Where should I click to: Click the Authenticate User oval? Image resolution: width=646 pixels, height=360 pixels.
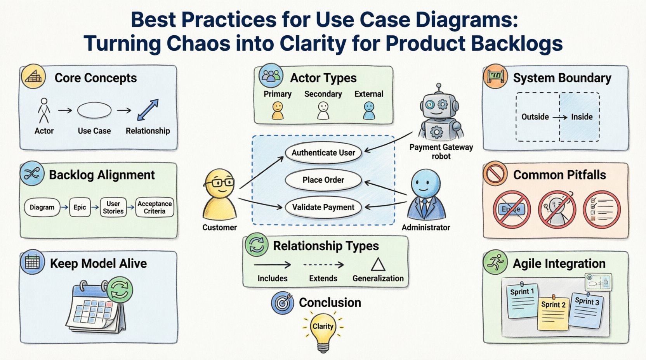point(323,153)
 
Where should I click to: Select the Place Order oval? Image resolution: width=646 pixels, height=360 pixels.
point(323,180)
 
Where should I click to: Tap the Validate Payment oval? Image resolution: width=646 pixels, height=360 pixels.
point(323,207)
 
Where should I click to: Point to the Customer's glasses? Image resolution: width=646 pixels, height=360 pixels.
point(220,182)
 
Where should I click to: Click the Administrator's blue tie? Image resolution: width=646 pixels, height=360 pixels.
point(425,206)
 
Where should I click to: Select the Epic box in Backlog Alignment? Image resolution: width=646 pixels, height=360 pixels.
point(80,207)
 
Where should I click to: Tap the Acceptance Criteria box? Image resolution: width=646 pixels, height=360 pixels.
point(155,207)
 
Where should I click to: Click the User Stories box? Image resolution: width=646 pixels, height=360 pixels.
point(113,207)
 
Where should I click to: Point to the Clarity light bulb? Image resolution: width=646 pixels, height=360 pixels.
point(323,330)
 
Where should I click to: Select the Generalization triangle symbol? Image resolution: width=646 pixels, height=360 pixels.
point(378,265)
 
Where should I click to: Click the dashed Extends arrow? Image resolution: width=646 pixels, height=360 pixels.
point(323,265)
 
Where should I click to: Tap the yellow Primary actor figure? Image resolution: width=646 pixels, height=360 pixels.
point(277,110)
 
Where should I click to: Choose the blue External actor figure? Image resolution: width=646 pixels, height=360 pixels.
point(369,110)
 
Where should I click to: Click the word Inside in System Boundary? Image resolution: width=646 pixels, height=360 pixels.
point(582,117)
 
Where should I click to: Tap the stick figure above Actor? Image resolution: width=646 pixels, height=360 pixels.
point(44,110)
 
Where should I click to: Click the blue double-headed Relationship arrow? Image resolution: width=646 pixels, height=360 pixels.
point(148,110)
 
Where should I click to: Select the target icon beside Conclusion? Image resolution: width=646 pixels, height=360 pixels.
point(283,303)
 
